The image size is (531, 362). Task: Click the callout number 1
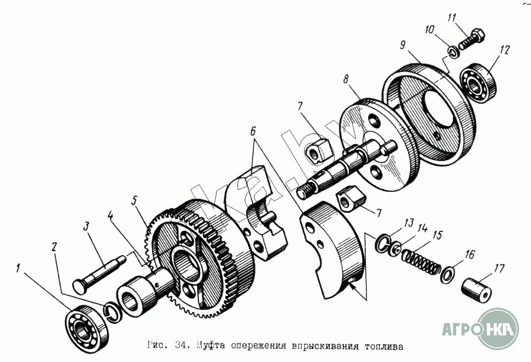point(19,268)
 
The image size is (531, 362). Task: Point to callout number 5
point(135,201)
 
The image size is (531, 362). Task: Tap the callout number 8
point(346,78)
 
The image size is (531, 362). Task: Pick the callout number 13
point(408,223)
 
